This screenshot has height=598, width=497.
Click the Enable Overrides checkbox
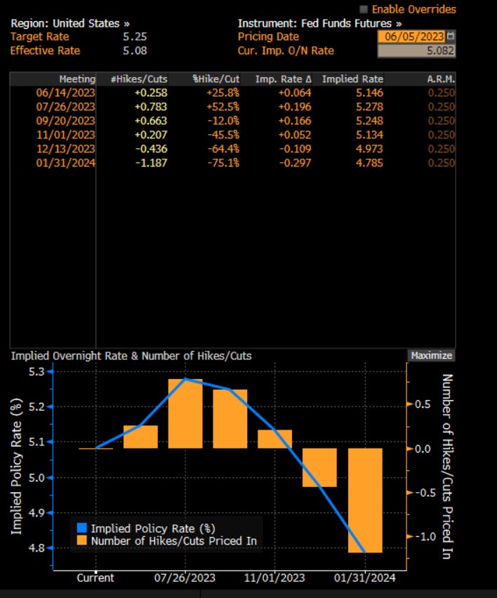[x=363, y=10]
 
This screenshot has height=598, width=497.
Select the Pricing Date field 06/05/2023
[x=411, y=36]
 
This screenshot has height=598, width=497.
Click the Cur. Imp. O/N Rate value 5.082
[x=416, y=51]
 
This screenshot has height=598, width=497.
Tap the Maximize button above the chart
[x=431, y=356]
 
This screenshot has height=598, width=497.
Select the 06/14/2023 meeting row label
[x=65, y=93]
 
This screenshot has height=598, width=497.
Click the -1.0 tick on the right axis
[x=421, y=537]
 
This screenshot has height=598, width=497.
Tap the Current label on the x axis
[x=95, y=578]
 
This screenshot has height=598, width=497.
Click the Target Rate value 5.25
[x=134, y=36]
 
